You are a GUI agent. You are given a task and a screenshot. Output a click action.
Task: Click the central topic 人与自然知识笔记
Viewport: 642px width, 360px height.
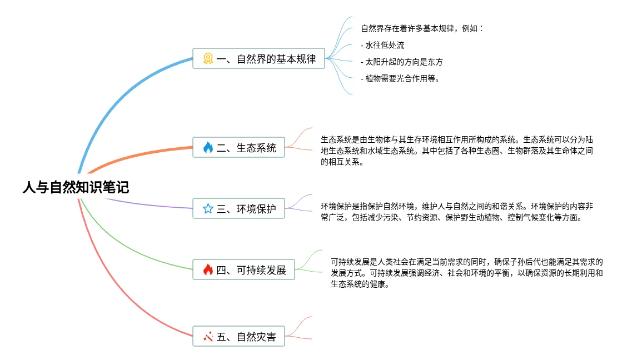pyautogui.click(x=76, y=187)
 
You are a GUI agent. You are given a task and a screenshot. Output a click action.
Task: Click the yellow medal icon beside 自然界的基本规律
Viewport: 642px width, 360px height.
pyautogui.click(x=208, y=58)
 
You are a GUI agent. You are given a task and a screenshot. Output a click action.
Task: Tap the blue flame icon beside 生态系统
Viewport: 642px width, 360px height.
pyautogui.click(x=208, y=148)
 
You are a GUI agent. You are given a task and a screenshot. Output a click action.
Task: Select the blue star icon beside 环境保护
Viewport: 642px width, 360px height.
pyautogui.click(x=208, y=209)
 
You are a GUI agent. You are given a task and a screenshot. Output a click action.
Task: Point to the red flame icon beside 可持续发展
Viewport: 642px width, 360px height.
pyautogui.click(x=208, y=270)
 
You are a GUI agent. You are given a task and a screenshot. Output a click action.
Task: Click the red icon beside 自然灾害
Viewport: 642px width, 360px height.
pyautogui.click(x=208, y=336)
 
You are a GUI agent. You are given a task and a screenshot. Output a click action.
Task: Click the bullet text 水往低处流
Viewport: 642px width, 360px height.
pyautogui.click(x=382, y=45)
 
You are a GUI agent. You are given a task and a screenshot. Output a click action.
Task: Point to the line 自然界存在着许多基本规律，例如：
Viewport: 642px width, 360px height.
pyautogui.click(x=422, y=28)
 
